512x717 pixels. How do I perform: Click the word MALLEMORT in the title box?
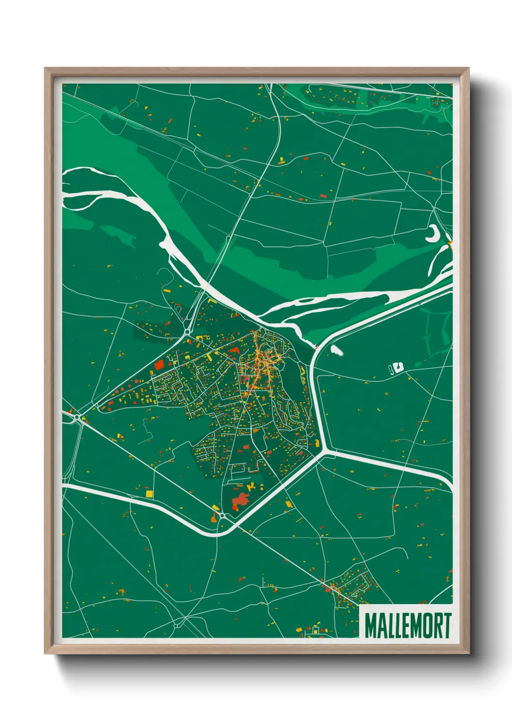pyautogui.click(x=407, y=626)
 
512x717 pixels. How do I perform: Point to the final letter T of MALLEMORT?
pyautogui.click(x=447, y=626)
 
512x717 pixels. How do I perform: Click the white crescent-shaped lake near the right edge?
pyautogui.click(x=432, y=235)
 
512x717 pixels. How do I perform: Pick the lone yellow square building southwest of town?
pyautogui.click(x=150, y=493)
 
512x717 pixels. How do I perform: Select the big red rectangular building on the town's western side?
pyautogui.click(x=159, y=365)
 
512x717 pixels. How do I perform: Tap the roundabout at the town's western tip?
pyautogui.click(x=78, y=417)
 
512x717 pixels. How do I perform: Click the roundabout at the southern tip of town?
pyautogui.click(x=222, y=516)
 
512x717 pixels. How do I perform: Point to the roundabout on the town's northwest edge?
pyautogui.click(x=186, y=332)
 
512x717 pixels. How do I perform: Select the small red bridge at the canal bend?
pyautogui.click(x=316, y=347)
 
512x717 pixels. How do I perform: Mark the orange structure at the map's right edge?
pyautogui.click(x=450, y=245)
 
